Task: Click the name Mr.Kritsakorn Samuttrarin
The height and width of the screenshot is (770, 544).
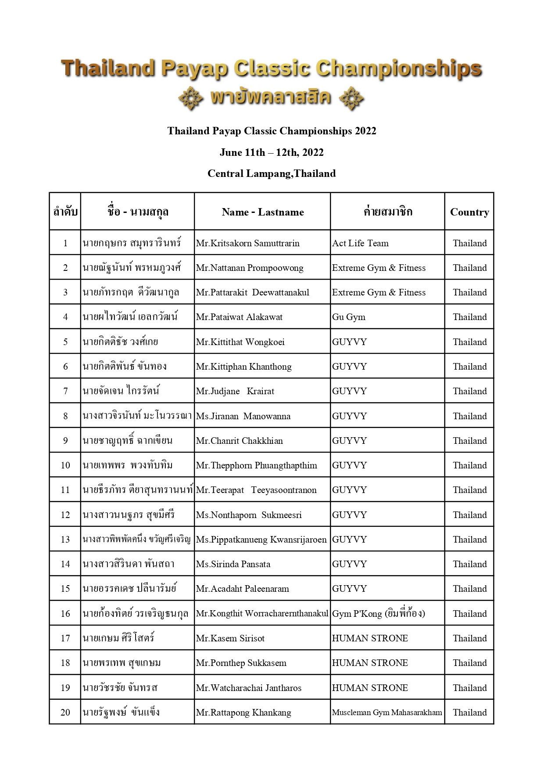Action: click(247, 243)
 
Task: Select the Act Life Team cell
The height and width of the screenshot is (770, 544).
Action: click(360, 243)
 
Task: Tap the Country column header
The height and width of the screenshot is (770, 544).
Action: click(469, 212)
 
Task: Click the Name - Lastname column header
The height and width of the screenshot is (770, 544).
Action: click(262, 212)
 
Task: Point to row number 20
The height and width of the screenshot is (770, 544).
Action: click(65, 712)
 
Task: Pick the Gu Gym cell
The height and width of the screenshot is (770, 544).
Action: click(348, 317)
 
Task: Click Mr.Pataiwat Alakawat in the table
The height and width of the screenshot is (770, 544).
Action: click(239, 317)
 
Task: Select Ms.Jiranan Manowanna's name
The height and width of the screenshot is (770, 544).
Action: click(243, 416)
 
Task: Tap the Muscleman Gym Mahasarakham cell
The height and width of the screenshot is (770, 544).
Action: click(387, 712)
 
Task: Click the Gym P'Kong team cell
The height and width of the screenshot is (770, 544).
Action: click(378, 614)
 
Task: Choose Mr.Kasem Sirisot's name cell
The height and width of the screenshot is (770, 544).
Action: click(230, 638)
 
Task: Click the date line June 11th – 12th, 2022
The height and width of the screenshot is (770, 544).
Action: click(272, 152)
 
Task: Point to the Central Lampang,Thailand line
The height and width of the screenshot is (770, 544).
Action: click(272, 173)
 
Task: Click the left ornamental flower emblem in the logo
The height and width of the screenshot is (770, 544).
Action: click(191, 98)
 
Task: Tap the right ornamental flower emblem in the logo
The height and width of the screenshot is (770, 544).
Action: click(352, 98)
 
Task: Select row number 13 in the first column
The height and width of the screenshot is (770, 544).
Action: click(65, 540)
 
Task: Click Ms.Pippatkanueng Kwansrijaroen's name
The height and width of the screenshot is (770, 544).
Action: click(261, 540)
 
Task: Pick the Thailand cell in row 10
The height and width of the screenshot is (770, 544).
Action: click(469, 465)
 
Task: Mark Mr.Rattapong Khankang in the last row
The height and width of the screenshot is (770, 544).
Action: click(243, 712)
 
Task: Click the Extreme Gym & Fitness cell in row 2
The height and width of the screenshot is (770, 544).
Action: click(379, 268)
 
